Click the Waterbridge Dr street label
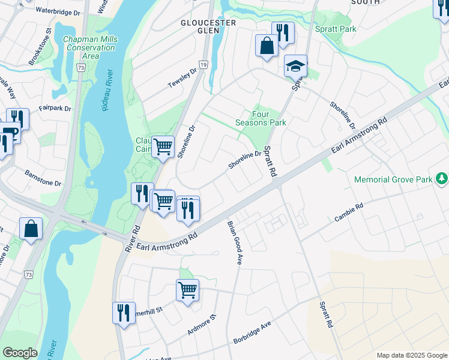[58, 11]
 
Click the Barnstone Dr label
[43, 178]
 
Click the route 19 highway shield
[204, 64]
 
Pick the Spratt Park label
[336, 29]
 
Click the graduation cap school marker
[295, 65]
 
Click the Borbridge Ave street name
[252, 331]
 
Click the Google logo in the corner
[20, 353]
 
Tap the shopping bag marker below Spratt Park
[267, 46]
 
